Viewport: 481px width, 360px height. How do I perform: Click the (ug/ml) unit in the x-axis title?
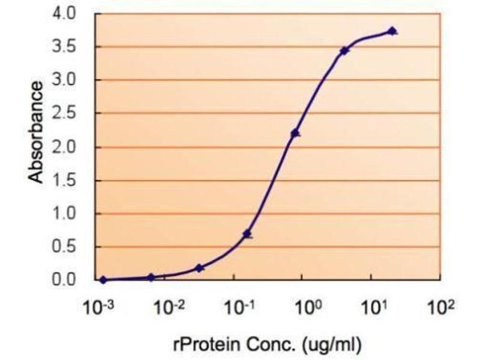(332, 344)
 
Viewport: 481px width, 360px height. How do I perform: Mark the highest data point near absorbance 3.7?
(392, 31)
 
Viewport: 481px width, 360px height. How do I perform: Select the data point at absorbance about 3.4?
(344, 51)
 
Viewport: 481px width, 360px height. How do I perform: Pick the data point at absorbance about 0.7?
(247, 234)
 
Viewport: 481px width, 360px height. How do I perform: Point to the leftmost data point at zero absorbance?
(103, 280)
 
